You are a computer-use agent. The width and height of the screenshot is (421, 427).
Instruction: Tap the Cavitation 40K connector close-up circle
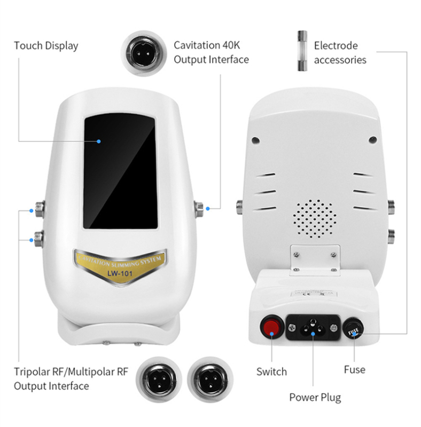coord(142,52)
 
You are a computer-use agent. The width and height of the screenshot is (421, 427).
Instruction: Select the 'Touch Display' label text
coord(46,46)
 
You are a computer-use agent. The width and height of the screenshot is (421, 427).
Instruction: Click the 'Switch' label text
coord(271,371)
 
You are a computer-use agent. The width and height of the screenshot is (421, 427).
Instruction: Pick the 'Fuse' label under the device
coord(354,369)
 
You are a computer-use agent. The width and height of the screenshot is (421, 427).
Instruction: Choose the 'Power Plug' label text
coord(315,397)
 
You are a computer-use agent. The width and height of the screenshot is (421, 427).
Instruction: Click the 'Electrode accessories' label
coord(340,52)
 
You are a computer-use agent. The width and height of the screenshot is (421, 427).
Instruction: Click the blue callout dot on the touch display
coord(99,141)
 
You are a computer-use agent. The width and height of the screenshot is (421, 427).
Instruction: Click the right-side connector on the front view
coord(199,208)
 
